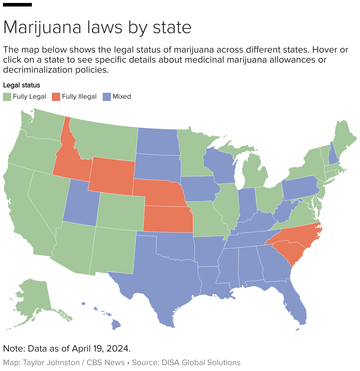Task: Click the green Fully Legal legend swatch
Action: [7, 97]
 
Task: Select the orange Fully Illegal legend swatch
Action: [56, 97]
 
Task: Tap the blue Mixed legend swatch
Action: [107, 97]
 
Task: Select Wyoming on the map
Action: [111, 176]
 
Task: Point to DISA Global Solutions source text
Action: [201, 363]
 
